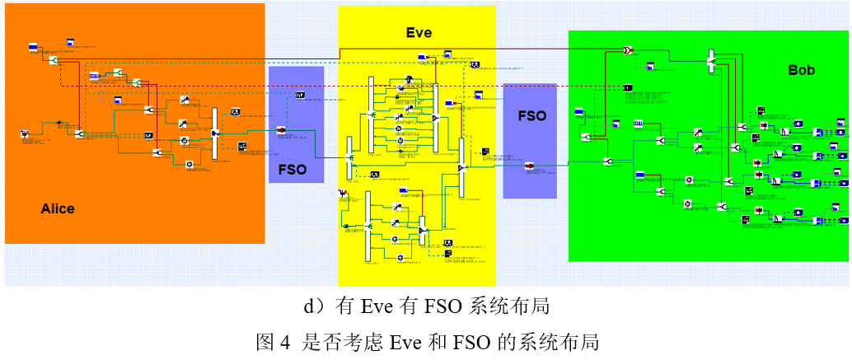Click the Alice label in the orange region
(58, 209)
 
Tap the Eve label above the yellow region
(419, 33)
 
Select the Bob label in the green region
(801, 71)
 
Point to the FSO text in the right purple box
(531, 116)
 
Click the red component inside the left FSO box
(280, 130)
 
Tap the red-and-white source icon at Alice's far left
(25, 133)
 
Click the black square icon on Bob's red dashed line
(628, 87)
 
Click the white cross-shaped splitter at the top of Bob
(711, 60)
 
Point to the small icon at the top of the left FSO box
(301, 96)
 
